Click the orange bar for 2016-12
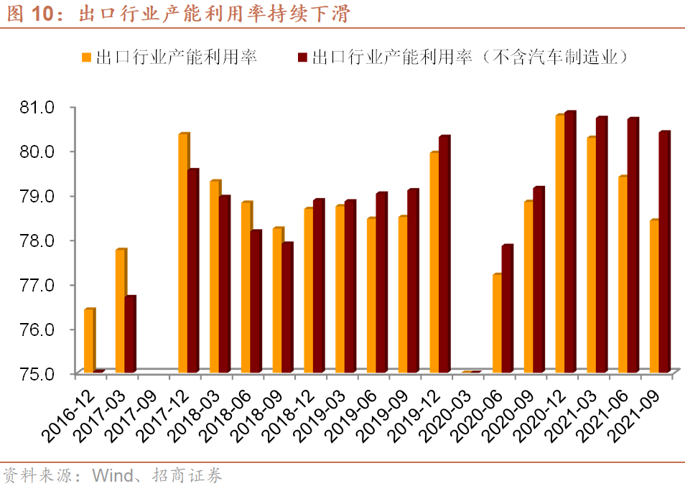click(x=90, y=340)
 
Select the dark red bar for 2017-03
click(x=130, y=335)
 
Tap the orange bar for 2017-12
click(x=184, y=253)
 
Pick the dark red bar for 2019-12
click(x=444, y=254)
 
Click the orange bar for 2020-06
click(x=498, y=324)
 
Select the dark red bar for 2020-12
click(x=570, y=242)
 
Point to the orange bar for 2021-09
click(x=655, y=296)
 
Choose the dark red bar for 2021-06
click(x=633, y=246)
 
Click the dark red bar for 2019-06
click(x=381, y=283)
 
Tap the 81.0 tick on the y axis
click(x=37, y=107)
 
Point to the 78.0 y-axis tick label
click(x=37, y=240)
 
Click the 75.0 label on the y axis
click(x=37, y=374)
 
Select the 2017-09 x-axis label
click(x=131, y=416)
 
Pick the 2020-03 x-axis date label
click(x=446, y=416)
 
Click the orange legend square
click(x=86, y=57)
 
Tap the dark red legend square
click(x=302, y=57)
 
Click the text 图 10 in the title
click(x=30, y=14)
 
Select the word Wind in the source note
click(x=113, y=475)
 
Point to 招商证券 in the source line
click(x=187, y=475)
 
